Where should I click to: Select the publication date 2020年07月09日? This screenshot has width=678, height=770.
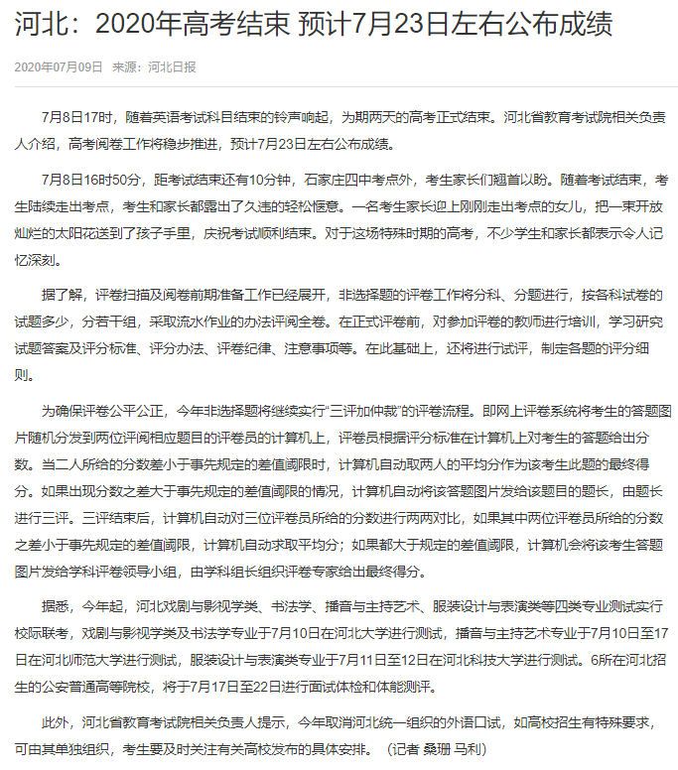click(x=59, y=67)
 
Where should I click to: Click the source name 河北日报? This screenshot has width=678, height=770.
click(x=172, y=67)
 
